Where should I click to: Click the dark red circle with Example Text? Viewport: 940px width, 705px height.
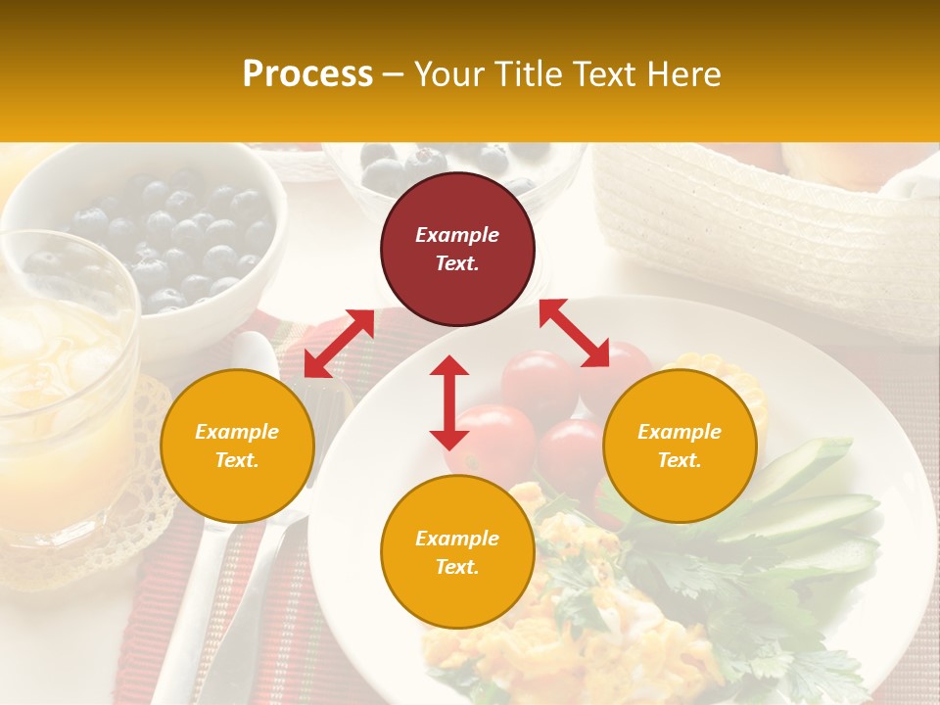pos(457,249)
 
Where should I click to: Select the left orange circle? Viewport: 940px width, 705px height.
pos(237,446)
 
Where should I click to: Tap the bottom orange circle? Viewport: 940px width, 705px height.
pos(457,552)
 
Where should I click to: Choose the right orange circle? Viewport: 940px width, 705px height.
pos(680,446)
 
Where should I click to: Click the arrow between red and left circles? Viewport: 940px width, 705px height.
pos(339,343)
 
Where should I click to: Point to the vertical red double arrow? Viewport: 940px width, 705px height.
pos(449,402)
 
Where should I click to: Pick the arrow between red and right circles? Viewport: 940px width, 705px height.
pos(574,333)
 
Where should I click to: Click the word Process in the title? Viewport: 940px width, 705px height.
pos(307,74)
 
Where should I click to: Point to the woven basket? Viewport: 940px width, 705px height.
pos(764,225)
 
